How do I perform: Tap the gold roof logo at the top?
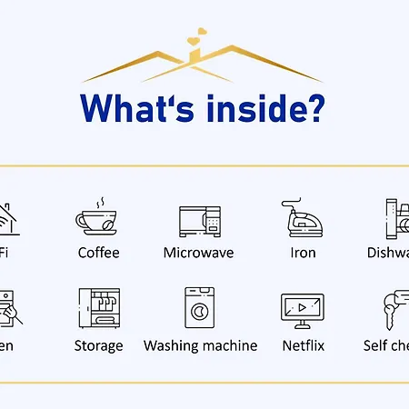202,64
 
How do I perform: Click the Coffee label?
98,253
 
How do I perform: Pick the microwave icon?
201,221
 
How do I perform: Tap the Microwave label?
200,253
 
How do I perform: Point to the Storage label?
98,345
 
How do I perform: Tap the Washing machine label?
200,345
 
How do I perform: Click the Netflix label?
302,345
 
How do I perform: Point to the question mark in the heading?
313,107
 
